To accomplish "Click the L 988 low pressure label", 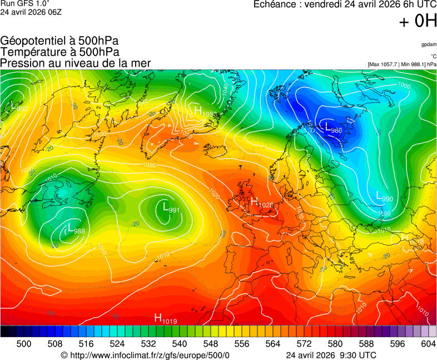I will tap(76, 230).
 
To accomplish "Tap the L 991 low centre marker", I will tap(170, 208).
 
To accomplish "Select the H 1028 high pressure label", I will tap(262, 203).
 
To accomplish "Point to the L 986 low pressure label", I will tap(333, 128).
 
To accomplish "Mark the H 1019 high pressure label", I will tap(165, 319).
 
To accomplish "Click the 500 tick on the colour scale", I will tap(24, 344).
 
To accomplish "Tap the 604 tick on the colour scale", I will tap(428, 344).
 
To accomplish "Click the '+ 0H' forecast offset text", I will tap(418, 21).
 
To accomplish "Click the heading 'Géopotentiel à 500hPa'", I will tap(59, 41).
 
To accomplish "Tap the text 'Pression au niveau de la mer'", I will tap(76, 63).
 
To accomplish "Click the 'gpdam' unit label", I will tap(428, 44).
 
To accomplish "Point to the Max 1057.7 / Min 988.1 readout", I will tap(402, 64).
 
